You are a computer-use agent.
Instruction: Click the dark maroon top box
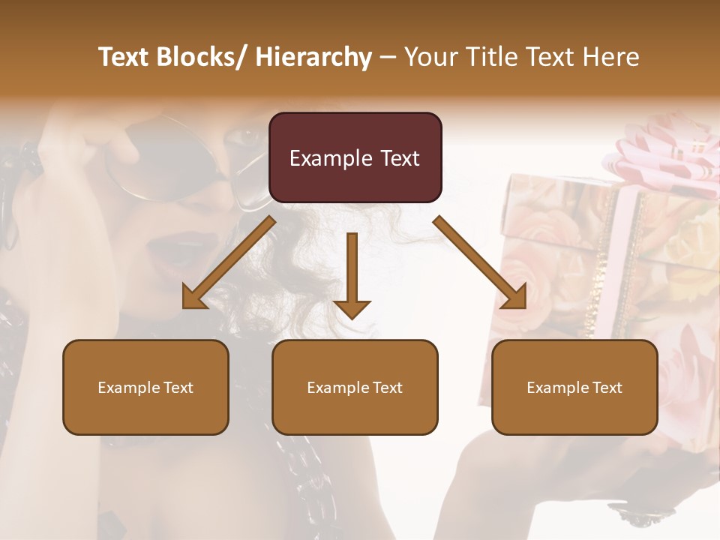click(x=355, y=157)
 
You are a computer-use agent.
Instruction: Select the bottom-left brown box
click(x=145, y=387)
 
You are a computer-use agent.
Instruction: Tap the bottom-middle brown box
click(x=355, y=387)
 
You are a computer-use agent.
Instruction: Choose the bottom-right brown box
click(x=574, y=387)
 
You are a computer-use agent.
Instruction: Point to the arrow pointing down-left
click(x=228, y=263)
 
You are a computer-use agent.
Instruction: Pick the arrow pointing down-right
click(x=480, y=263)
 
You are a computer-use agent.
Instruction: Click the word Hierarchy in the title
click(x=313, y=57)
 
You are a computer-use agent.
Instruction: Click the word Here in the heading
click(x=611, y=57)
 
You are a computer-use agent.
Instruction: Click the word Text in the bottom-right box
click(x=606, y=388)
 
